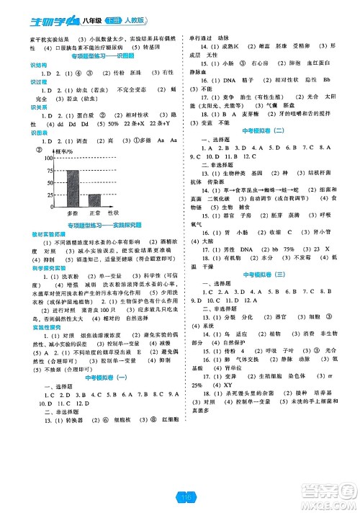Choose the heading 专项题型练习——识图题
[x=107, y=55]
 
